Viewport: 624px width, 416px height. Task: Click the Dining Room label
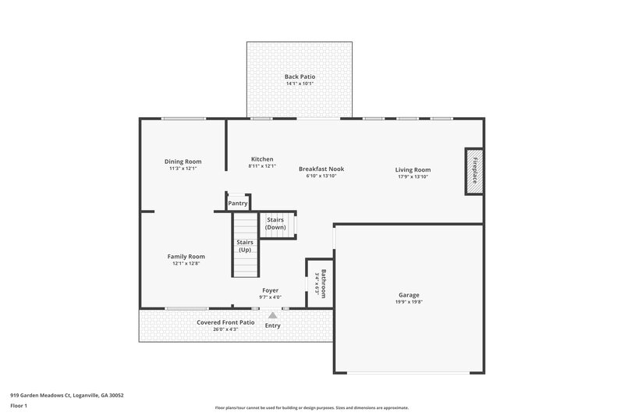183,162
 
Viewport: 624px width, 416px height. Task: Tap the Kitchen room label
262,158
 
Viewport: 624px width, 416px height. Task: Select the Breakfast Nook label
321,169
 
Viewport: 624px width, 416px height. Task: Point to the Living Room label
413,169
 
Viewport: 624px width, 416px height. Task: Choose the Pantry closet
238,203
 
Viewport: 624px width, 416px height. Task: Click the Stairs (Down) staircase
275,224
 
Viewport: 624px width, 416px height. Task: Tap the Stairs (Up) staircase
244,246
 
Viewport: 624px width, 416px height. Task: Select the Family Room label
186,256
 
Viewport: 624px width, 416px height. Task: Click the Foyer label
270,290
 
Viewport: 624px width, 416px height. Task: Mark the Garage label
409,295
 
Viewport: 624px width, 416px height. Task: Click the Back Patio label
300,76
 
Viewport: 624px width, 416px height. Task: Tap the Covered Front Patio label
225,322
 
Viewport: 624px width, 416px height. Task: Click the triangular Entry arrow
272,315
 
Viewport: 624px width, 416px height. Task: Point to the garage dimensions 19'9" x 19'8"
409,302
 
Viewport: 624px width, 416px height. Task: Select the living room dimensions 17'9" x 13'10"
413,176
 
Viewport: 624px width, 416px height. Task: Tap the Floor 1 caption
19,407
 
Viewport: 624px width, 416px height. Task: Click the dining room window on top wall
183,119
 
